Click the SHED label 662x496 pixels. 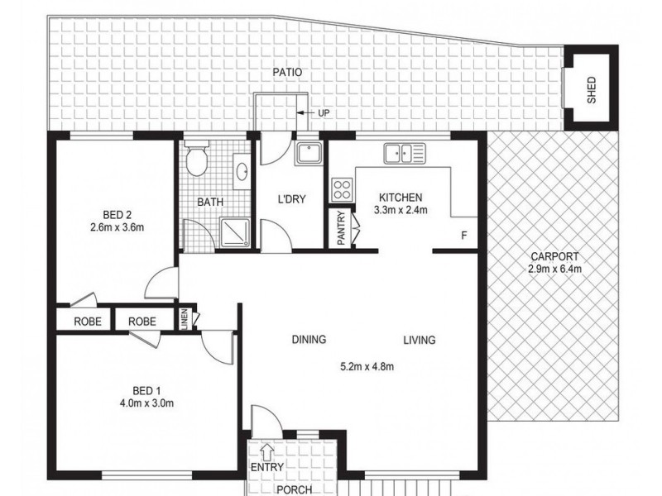(591, 89)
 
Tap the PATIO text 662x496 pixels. (287, 73)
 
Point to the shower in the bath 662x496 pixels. (236, 231)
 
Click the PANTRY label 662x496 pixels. (341, 231)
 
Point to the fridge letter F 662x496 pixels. (464, 236)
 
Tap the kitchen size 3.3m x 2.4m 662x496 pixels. (401, 210)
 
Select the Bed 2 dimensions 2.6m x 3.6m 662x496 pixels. (118, 227)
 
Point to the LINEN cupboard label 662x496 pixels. (186, 320)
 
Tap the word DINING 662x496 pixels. (308, 340)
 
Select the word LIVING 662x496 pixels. (420, 340)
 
